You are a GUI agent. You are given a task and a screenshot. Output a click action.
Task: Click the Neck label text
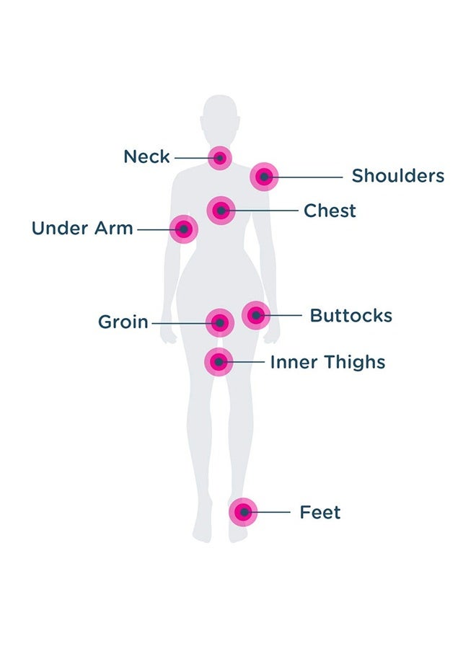tap(146, 157)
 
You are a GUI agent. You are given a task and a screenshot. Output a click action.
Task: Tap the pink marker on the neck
tap(220, 158)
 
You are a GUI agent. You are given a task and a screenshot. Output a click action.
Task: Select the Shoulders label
tap(398, 176)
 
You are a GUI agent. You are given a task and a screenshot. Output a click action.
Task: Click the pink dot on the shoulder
tap(264, 177)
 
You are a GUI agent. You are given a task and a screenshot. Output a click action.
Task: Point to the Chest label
tap(330, 211)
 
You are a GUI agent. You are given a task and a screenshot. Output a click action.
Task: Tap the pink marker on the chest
tap(221, 211)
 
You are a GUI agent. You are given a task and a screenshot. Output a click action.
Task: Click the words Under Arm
tap(82, 228)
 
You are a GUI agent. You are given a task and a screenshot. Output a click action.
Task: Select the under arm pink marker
tap(184, 229)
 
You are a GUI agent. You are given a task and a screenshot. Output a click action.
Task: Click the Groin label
tap(123, 322)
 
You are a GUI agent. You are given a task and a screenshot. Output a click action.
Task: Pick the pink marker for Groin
tap(220, 322)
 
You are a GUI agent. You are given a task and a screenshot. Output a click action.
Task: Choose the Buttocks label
tap(351, 315)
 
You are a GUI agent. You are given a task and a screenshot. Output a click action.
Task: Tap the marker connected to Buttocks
tap(256, 315)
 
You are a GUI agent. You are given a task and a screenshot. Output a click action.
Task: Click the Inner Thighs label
tap(327, 362)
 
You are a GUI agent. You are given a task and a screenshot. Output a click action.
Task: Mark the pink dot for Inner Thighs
tap(219, 362)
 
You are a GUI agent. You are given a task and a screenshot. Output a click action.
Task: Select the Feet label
tap(320, 513)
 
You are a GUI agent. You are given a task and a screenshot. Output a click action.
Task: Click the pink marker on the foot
tap(243, 512)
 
